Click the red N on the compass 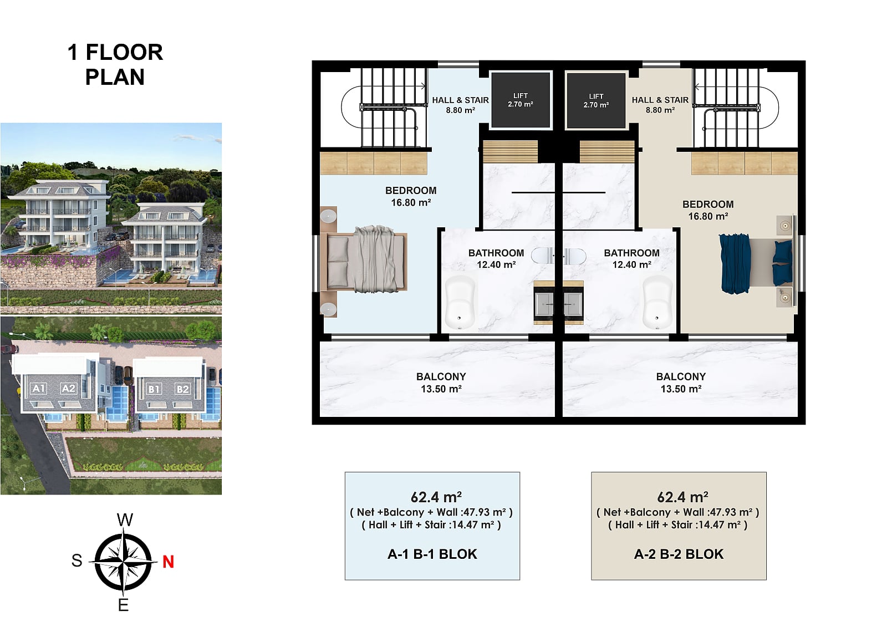(169, 562)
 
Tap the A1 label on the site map (38, 388)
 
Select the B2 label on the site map (182, 389)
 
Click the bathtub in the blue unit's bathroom (460, 303)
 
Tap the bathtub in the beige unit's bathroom (657, 303)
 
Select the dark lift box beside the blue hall (521, 100)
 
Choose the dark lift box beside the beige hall (596, 100)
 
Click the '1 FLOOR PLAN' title (115, 64)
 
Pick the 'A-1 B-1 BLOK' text (432, 554)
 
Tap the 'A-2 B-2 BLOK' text (679, 554)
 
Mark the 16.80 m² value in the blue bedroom (411, 203)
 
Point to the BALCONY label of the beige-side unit (681, 376)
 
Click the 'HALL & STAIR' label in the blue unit (461, 100)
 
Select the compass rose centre (124, 562)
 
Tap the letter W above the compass (125, 519)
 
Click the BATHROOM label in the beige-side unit (631, 253)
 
